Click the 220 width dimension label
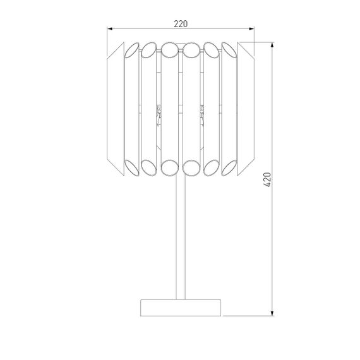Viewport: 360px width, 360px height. pos(180,23)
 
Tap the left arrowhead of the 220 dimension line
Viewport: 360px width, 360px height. pos(111,29)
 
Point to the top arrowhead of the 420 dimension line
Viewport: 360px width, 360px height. pos(273,45)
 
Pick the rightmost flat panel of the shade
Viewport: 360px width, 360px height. pos(246,107)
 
